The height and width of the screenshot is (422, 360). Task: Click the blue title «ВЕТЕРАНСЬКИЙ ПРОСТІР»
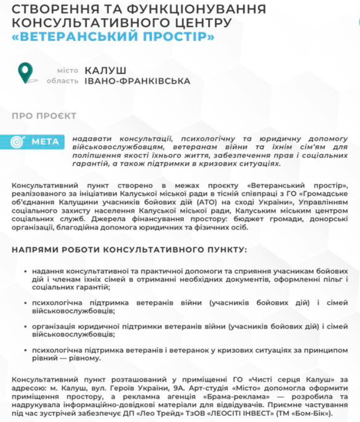(x=112, y=38)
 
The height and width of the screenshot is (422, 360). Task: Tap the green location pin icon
(x=25, y=72)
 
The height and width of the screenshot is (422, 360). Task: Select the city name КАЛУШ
(x=105, y=70)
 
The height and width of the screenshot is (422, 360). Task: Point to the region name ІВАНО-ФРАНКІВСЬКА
(x=137, y=81)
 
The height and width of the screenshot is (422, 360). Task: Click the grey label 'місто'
(x=68, y=70)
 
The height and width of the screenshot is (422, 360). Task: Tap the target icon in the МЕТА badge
(x=18, y=141)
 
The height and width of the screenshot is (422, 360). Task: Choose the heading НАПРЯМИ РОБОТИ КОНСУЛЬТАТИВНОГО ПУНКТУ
(x=129, y=249)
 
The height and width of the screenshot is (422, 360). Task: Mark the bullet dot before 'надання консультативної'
(x=26, y=270)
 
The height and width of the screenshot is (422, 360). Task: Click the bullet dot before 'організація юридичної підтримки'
(x=26, y=327)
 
